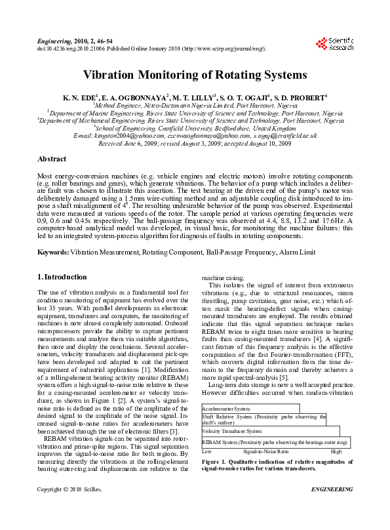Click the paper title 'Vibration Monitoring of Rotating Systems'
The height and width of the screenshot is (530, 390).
click(x=195, y=75)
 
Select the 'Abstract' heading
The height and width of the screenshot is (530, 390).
click(x=51, y=159)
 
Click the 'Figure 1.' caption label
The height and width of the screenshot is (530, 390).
click(x=216, y=462)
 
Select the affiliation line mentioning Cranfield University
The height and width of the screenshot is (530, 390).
click(x=194, y=128)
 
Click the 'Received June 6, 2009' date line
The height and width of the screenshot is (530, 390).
click(x=195, y=142)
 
